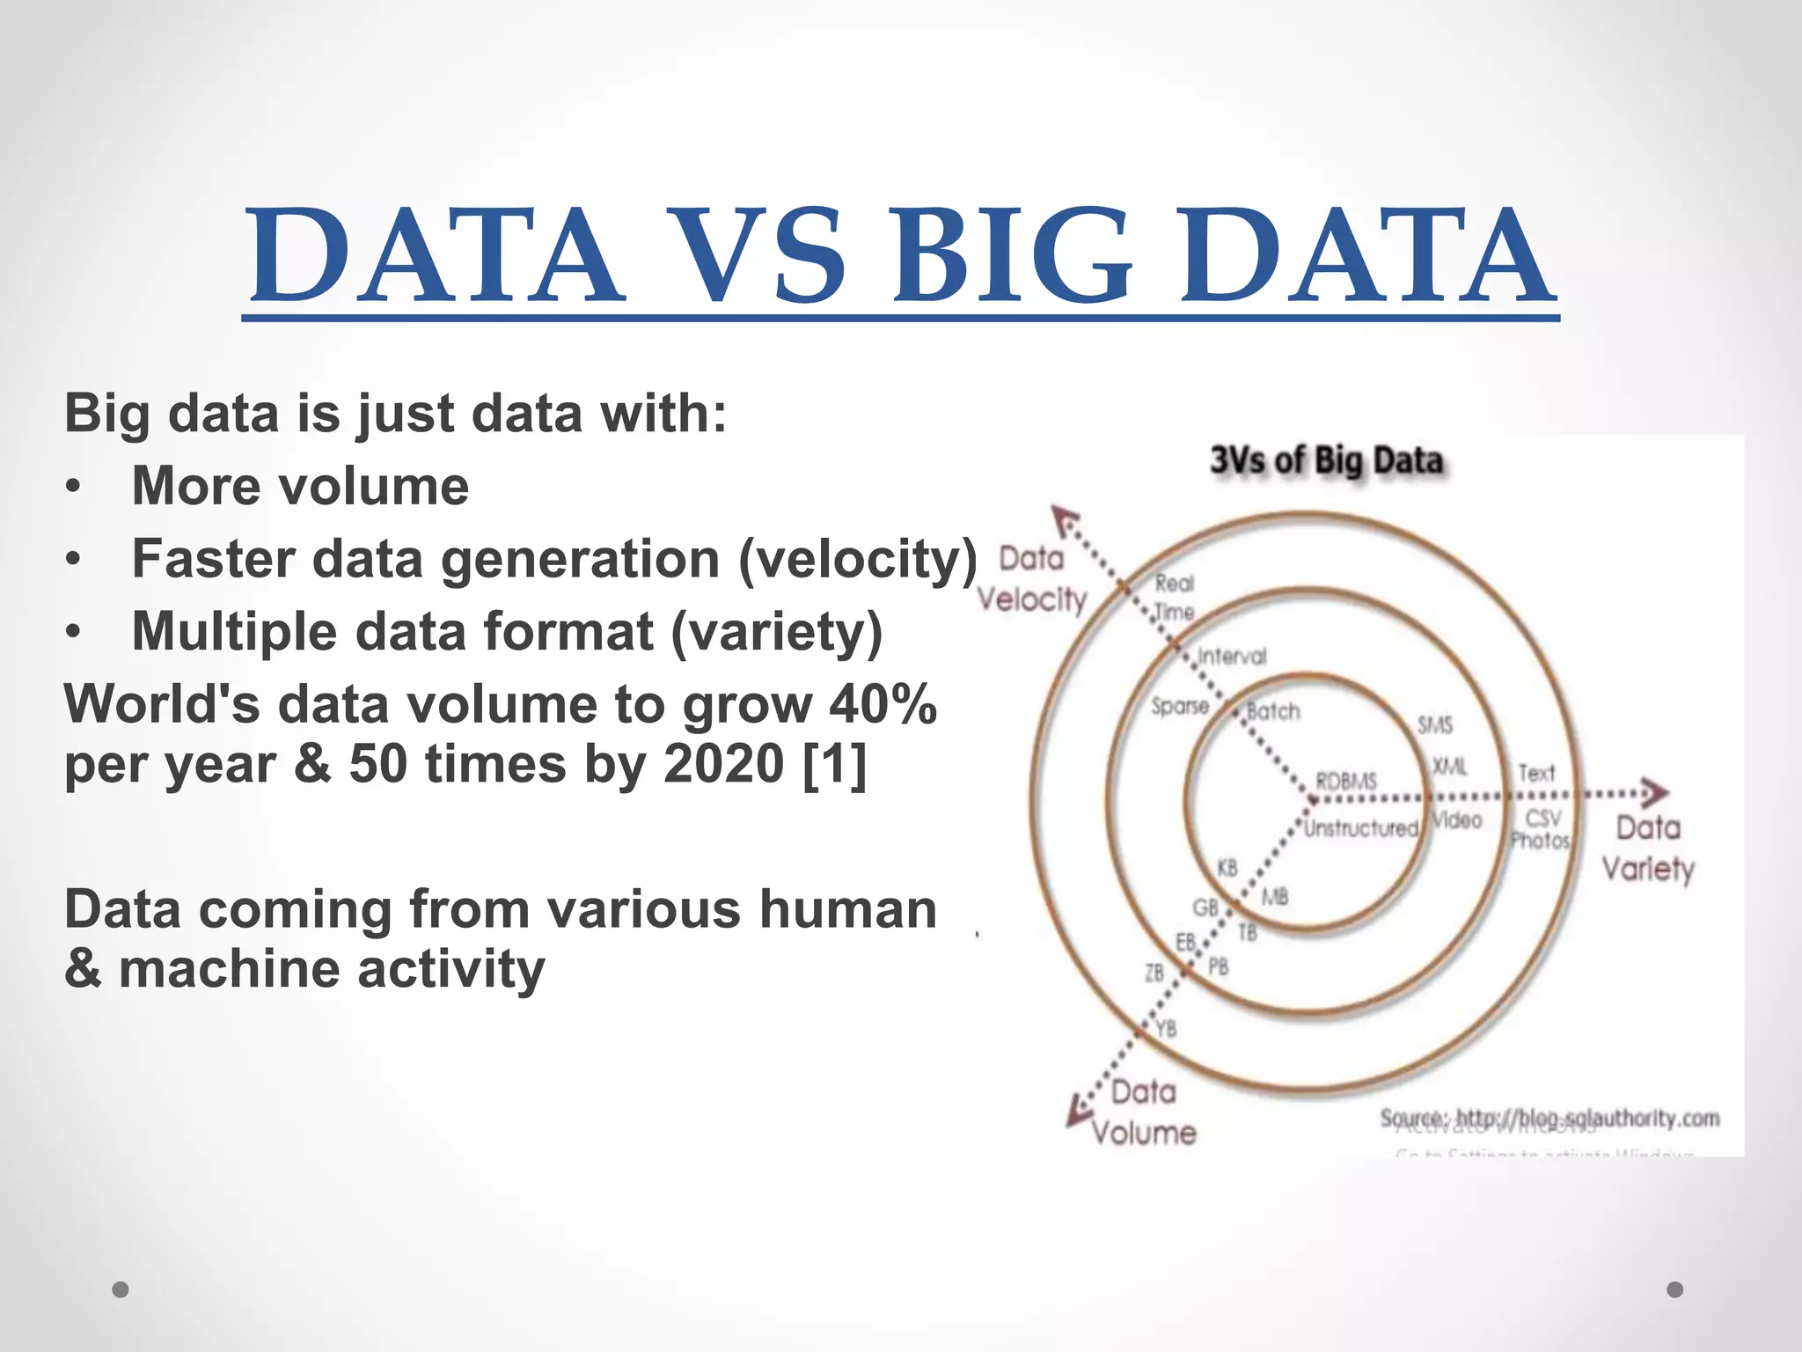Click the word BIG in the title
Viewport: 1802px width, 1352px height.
click(1012, 255)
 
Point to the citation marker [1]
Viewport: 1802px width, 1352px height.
click(834, 763)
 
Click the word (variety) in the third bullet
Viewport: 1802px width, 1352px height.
click(776, 632)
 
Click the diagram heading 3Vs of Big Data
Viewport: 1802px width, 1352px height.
click(1327, 460)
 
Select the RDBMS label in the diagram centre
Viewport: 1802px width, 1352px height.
click(1346, 781)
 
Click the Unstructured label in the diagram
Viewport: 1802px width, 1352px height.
click(1360, 828)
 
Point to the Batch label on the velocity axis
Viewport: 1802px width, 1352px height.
click(1273, 711)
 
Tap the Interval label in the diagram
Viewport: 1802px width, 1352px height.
click(1232, 657)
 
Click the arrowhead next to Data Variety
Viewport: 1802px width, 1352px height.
click(1654, 793)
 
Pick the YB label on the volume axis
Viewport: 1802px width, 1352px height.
click(1166, 1028)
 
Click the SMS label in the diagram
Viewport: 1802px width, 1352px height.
click(1434, 725)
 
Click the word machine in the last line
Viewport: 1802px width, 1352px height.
click(229, 969)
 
